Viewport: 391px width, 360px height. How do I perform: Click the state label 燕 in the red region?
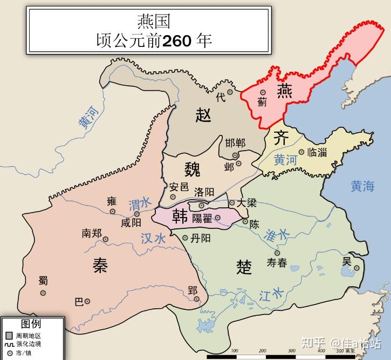284,92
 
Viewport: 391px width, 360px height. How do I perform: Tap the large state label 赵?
203,115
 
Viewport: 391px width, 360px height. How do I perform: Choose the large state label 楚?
244,267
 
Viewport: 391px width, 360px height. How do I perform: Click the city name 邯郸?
235,143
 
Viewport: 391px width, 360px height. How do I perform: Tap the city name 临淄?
317,152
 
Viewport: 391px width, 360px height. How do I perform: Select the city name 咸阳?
131,222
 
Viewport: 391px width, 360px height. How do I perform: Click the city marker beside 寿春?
277,252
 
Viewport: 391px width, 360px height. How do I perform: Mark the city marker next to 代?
230,92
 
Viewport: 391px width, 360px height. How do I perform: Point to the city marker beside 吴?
356,268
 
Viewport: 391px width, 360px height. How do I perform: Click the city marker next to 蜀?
43,293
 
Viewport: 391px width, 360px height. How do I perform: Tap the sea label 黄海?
362,187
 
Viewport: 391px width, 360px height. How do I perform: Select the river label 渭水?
140,204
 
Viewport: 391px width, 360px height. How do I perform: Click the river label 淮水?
277,234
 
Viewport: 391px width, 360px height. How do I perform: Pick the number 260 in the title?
177,40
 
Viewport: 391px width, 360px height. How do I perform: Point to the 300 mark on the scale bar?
291,351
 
